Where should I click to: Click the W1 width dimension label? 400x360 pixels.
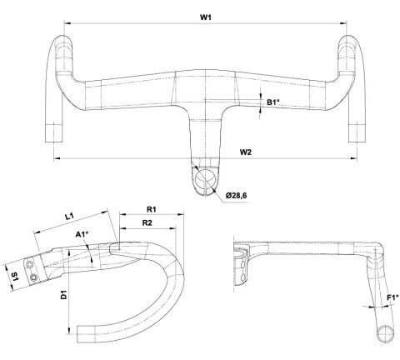[x=205, y=17]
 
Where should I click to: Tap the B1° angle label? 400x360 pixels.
[x=272, y=102]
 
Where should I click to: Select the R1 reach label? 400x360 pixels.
[x=152, y=211]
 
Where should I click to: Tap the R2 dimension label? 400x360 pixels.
[x=147, y=223]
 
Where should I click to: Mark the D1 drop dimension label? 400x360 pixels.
[x=64, y=294]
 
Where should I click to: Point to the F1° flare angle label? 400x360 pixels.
[x=392, y=296]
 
